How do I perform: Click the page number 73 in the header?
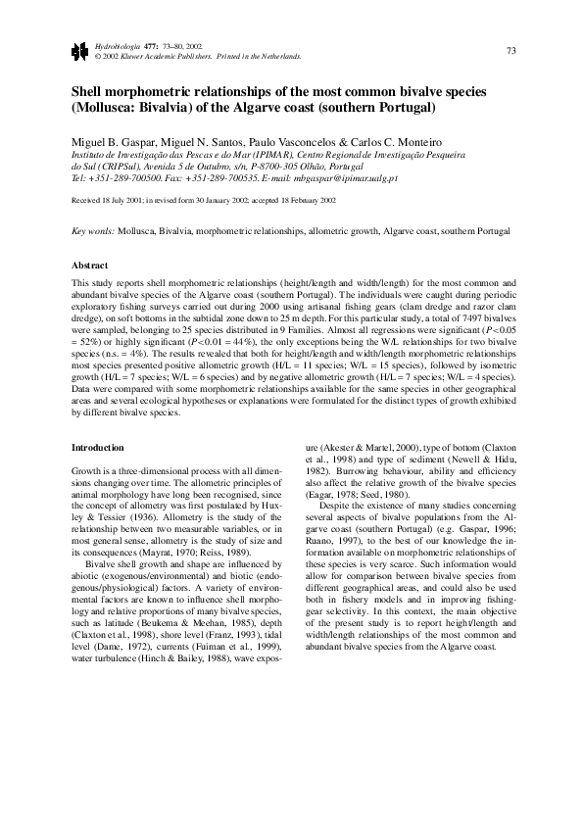(510, 50)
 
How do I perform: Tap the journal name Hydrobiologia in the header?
(114, 46)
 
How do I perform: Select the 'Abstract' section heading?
(89, 265)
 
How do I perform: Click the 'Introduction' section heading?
(98, 448)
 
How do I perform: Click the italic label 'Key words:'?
(94, 232)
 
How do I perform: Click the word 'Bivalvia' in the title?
(201, 107)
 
